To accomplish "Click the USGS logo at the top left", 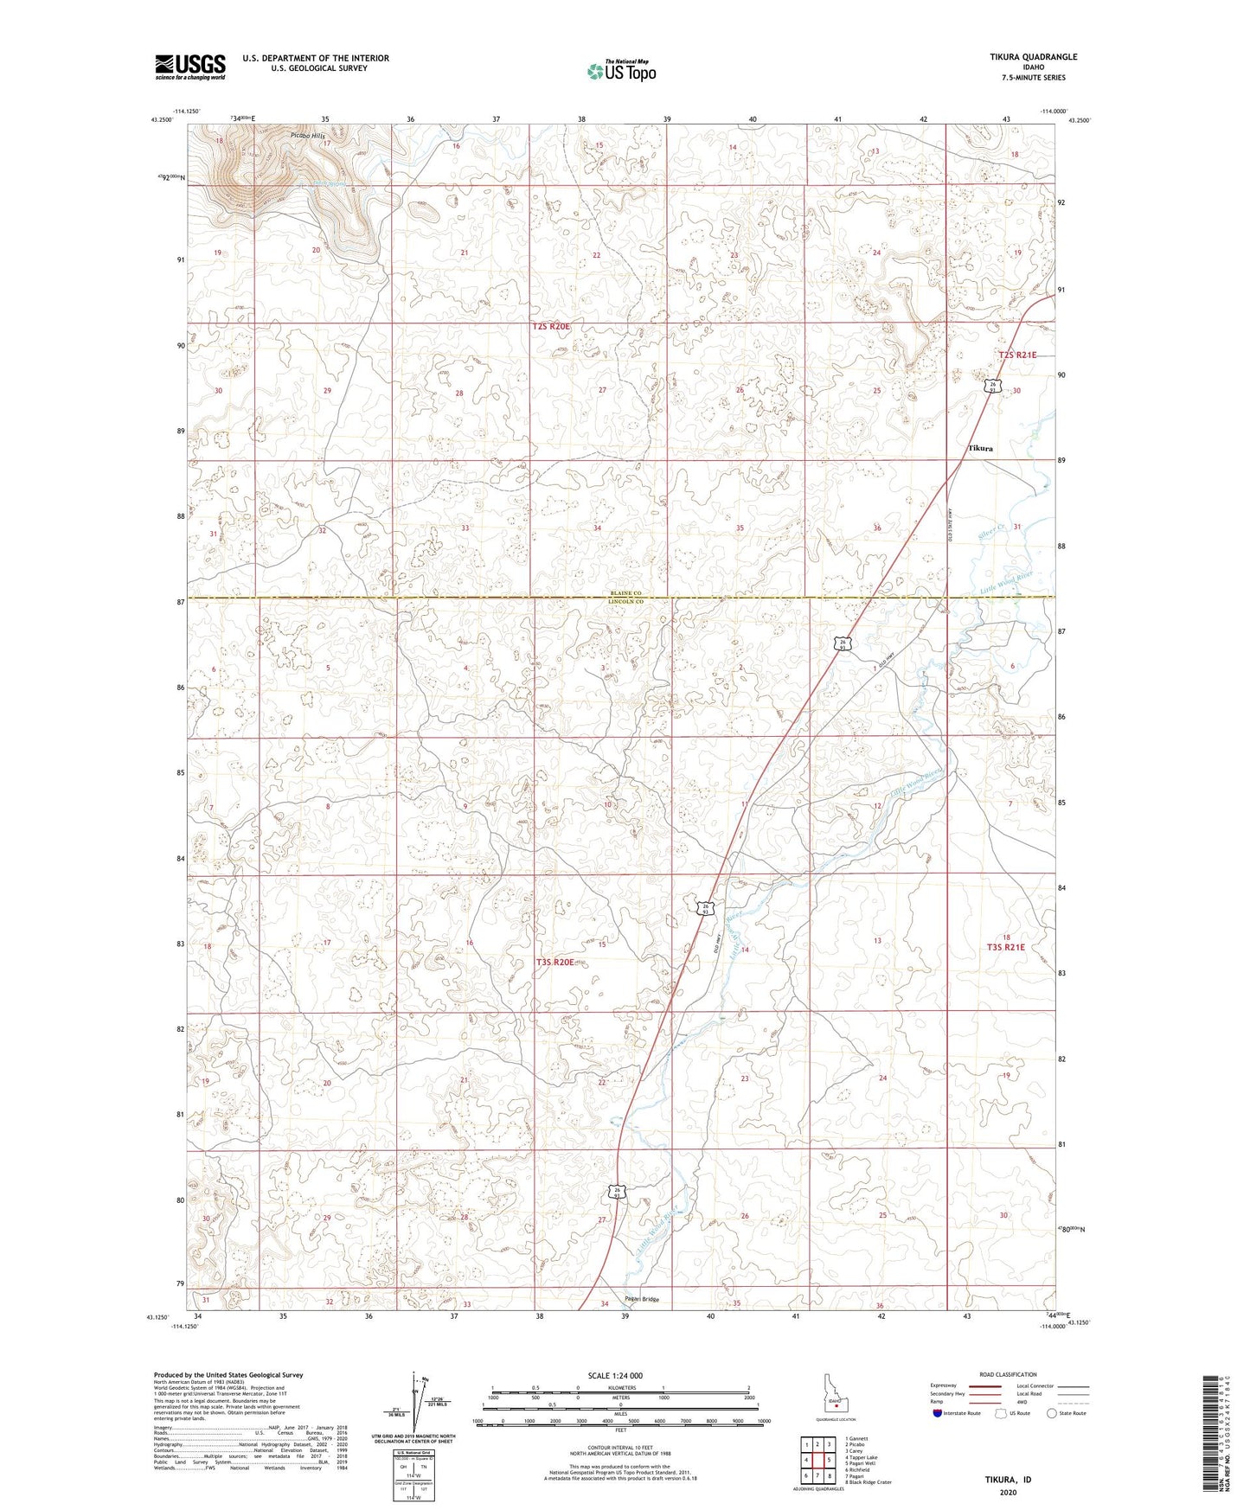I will point(189,67).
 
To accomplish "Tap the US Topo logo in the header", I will point(620,71).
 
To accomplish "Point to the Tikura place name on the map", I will point(980,449).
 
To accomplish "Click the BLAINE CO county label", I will point(622,592).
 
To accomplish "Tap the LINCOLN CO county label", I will point(622,601).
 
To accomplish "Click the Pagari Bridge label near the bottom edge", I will point(642,1299).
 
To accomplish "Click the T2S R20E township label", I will point(551,326).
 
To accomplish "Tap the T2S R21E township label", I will point(1016,355).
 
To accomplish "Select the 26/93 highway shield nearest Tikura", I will point(995,386).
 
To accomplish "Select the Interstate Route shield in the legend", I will point(939,1413).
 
